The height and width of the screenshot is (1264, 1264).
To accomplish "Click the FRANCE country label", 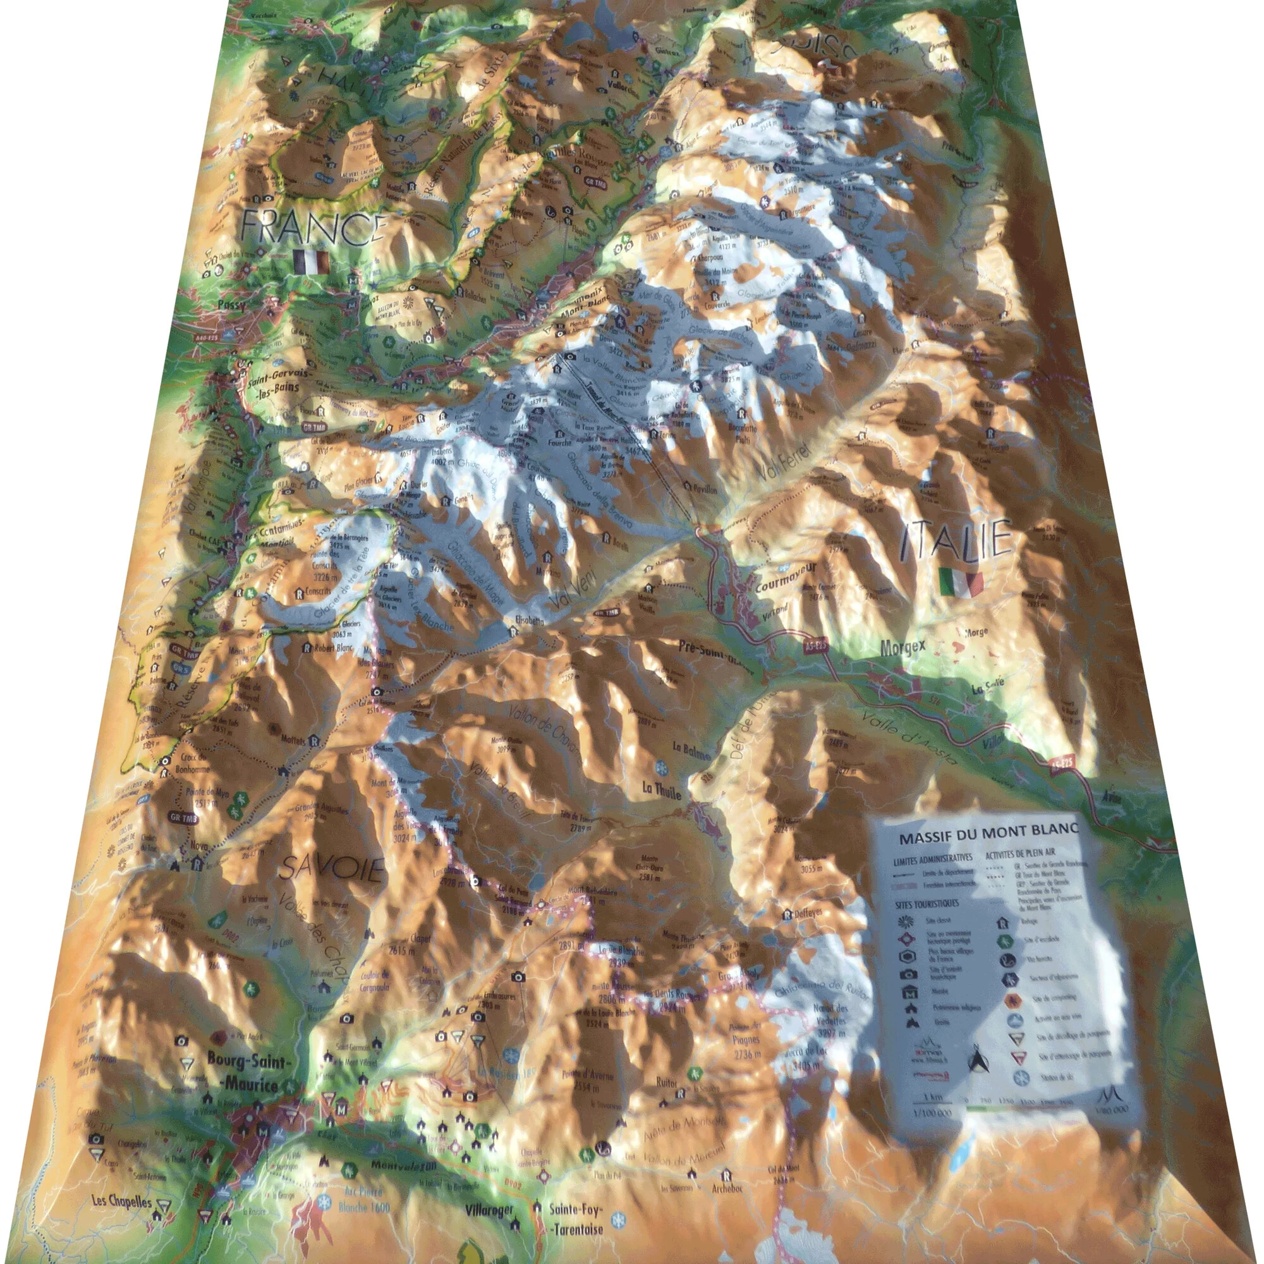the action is (x=313, y=226).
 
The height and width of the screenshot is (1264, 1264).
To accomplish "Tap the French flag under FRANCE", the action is (x=311, y=262).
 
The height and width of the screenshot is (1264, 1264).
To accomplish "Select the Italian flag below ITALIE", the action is (x=961, y=581).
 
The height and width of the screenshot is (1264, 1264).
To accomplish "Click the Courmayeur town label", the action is (x=785, y=576).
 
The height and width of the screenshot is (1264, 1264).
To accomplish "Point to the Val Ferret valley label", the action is (x=784, y=459).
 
